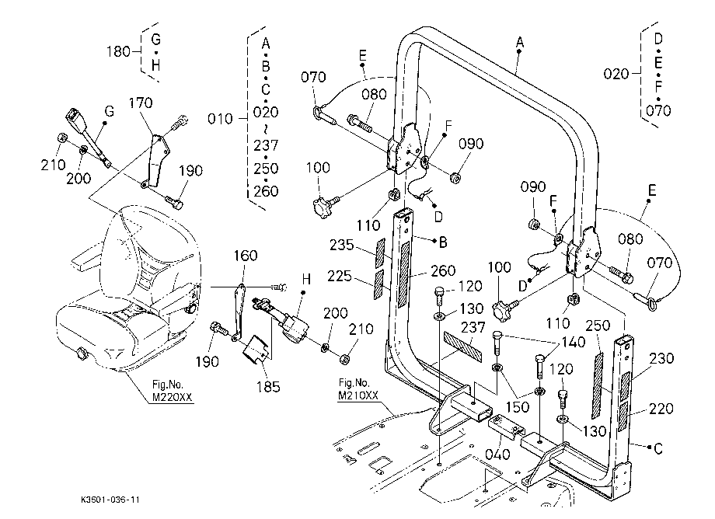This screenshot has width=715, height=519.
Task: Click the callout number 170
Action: [141, 103]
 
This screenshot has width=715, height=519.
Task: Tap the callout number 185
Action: [268, 387]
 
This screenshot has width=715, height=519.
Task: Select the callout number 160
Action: [246, 256]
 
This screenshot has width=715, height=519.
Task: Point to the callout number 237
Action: [473, 328]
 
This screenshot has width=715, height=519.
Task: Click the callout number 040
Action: [497, 455]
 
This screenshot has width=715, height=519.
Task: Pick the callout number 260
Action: [443, 270]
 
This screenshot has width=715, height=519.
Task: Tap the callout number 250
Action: [598, 326]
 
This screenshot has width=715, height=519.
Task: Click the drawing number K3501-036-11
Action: [110, 500]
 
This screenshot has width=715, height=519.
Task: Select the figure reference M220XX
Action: [173, 397]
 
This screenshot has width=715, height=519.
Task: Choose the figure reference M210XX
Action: [358, 395]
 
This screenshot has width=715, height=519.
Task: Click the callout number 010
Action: [220, 119]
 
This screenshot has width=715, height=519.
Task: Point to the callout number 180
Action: [119, 51]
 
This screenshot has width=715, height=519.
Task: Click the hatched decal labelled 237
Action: [462, 347]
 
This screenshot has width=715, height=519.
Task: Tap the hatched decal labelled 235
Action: [380, 253]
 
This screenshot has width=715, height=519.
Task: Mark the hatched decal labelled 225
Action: [378, 285]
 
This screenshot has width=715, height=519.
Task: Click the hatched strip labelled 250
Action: [598, 385]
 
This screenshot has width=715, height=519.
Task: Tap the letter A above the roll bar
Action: [520, 43]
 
